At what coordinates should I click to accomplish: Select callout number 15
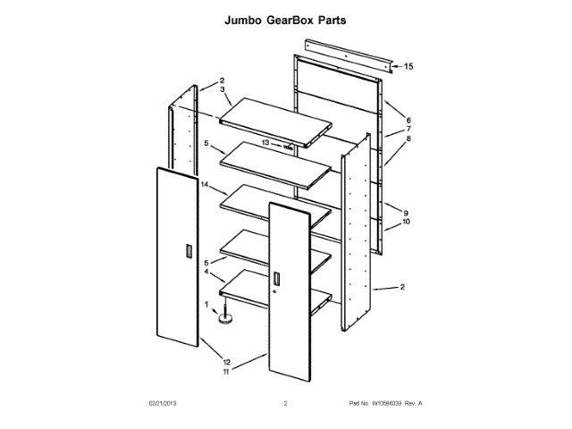coord(408,67)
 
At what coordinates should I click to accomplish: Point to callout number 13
coord(265,142)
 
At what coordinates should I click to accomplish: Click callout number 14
coord(205,185)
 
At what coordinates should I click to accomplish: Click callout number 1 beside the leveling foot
coord(206,304)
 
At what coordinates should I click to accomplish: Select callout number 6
coord(408,121)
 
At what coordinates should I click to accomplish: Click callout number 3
coord(222,90)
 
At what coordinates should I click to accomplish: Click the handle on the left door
coord(186,252)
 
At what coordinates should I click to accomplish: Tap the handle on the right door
coord(277,282)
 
